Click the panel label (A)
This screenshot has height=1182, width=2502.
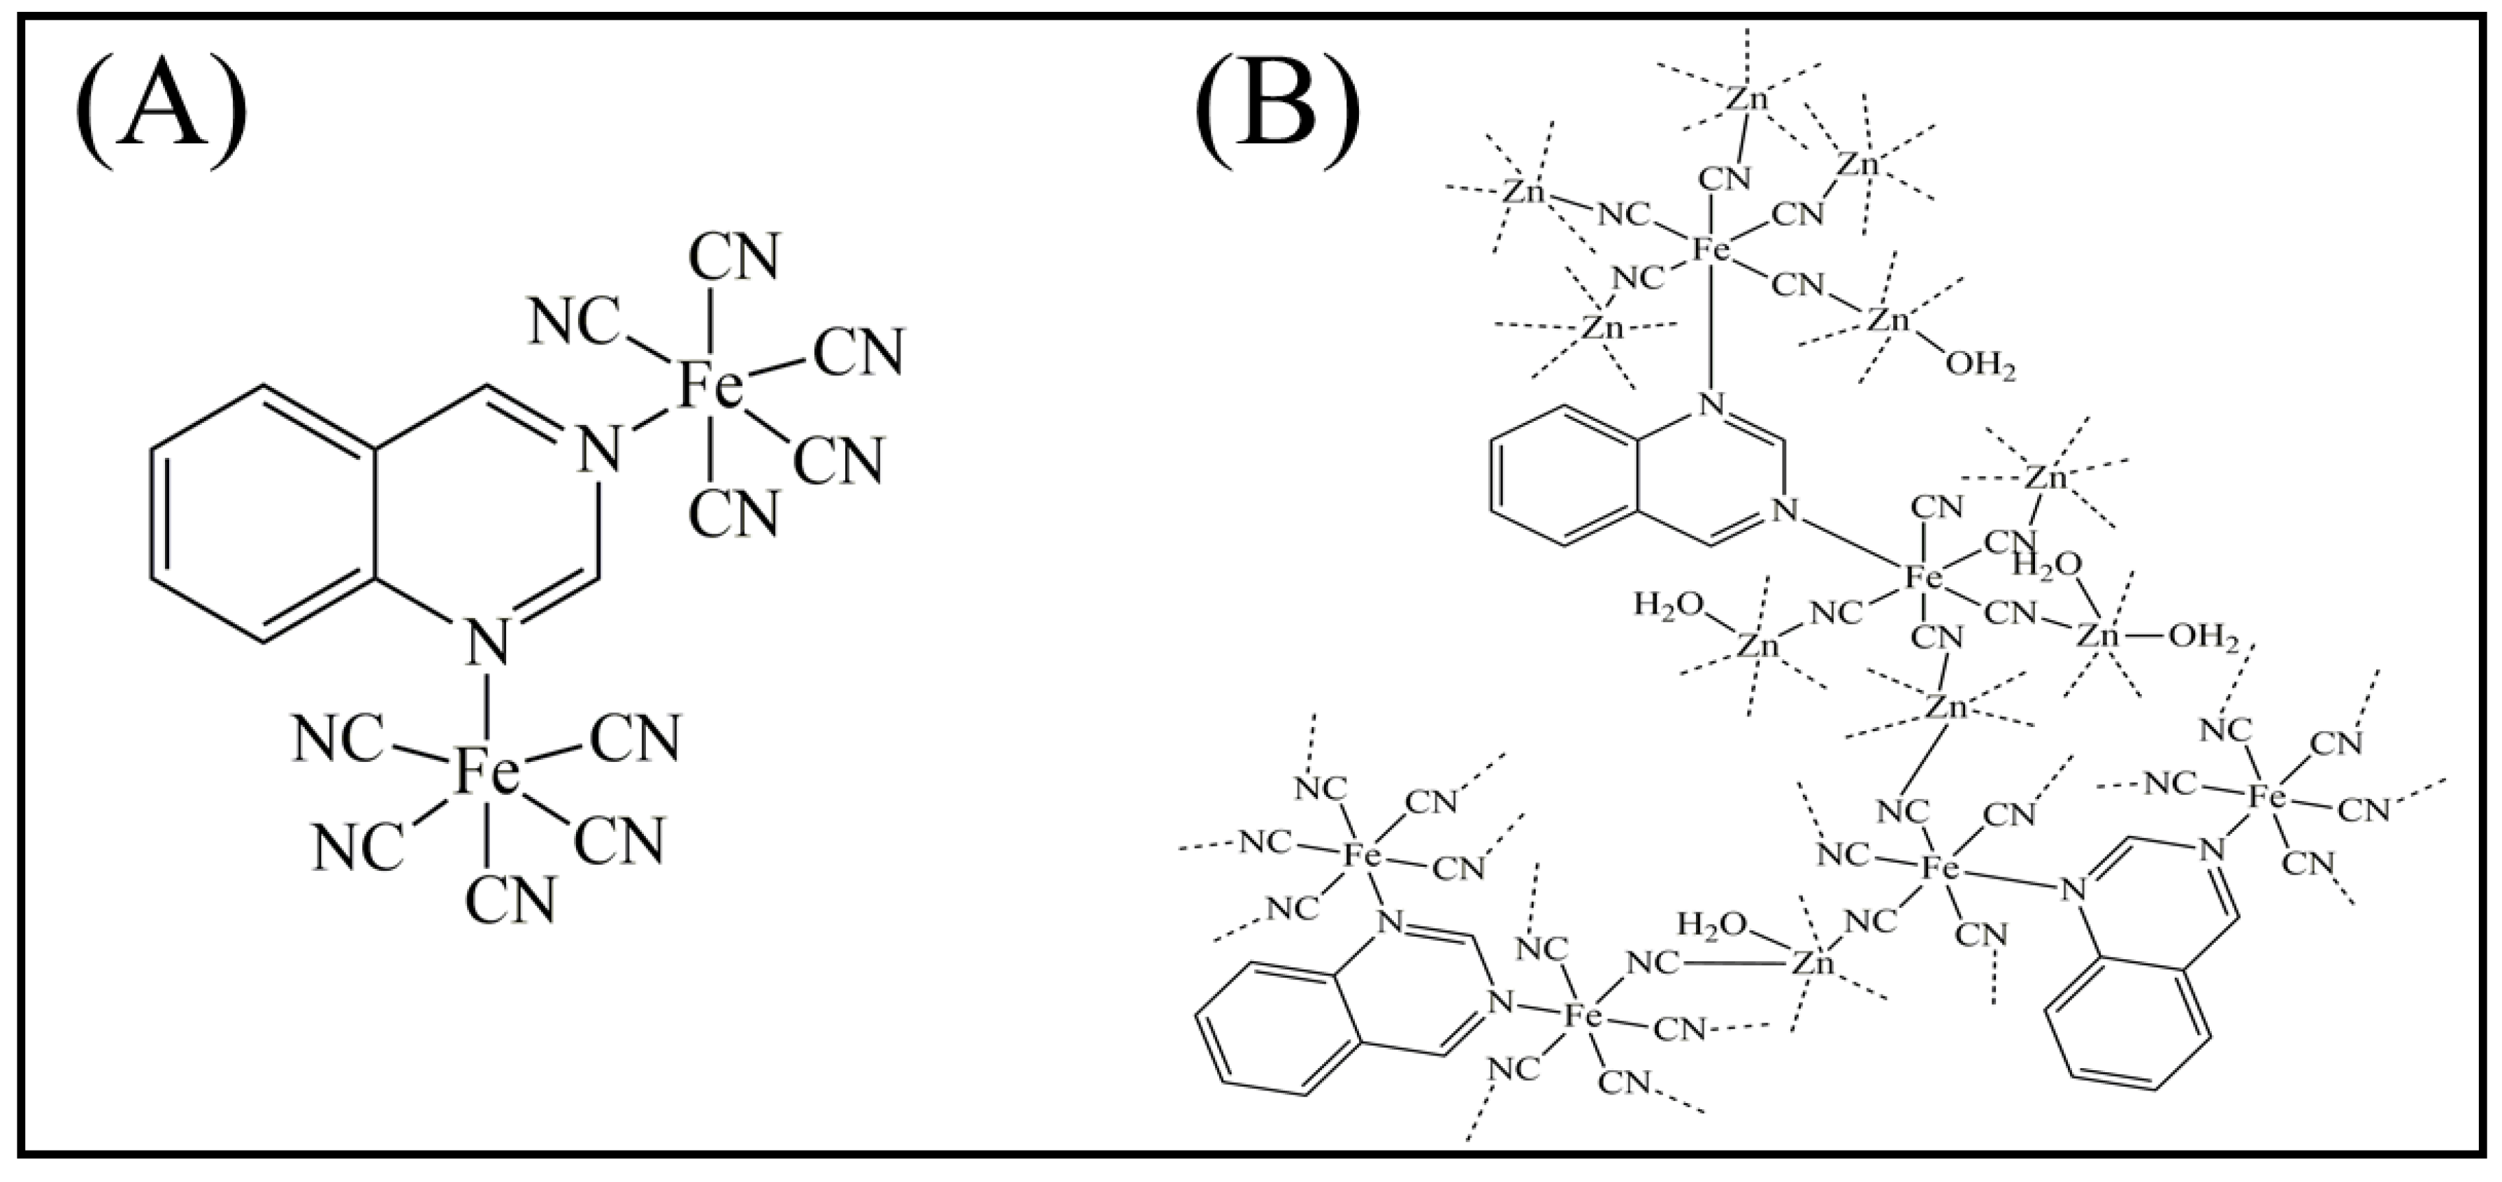pyautogui.click(x=160, y=112)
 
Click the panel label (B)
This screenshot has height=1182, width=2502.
pyautogui.click(x=1277, y=112)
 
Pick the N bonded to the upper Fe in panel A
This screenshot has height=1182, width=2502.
pyautogui.click(x=598, y=449)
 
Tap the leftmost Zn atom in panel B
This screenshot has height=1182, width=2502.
pyautogui.click(x=1524, y=192)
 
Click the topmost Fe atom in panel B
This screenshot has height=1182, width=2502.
pyautogui.click(x=1712, y=250)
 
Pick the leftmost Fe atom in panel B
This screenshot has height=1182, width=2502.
pyautogui.click(x=1362, y=855)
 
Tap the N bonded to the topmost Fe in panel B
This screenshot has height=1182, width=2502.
pyautogui.click(x=1711, y=402)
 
